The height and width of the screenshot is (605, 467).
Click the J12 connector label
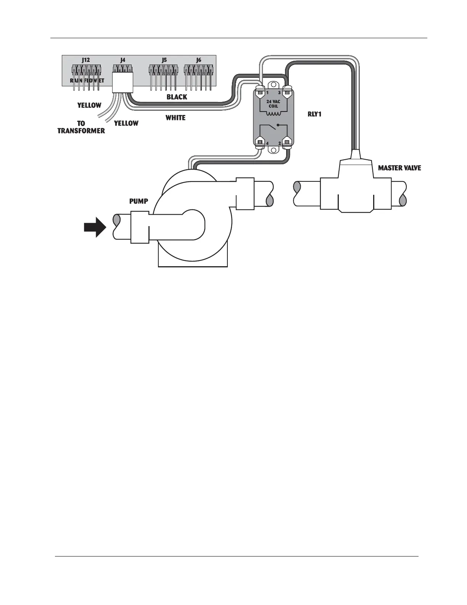pos(86,60)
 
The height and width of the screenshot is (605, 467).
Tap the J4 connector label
pos(122,60)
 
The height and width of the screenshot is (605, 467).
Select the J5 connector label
pos(164,60)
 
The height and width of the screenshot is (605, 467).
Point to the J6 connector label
pos(198,60)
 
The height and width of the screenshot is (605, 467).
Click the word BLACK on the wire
pos(177,97)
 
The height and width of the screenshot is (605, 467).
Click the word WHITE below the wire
pos(176,118)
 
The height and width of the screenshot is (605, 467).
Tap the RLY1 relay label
pos(314,114)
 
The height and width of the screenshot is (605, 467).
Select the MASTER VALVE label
pos(399,168)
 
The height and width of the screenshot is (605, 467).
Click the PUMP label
pos(138,201)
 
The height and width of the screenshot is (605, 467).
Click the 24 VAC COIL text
pos(273,104)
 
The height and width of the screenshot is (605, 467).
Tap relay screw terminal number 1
pos(261,92)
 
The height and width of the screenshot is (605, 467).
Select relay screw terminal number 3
pos(287,92)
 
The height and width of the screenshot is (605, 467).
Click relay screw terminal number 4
pos(261,142)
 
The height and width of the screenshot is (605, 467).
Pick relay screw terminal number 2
pos(287,142)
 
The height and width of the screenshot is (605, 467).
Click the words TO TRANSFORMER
pos(81,127)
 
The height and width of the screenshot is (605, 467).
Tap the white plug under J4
pos(122,82)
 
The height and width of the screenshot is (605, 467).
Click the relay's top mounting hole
pos(274,86)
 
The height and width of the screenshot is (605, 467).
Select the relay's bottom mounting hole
pos(274,150)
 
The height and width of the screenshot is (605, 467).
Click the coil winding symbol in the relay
pos(273,114)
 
